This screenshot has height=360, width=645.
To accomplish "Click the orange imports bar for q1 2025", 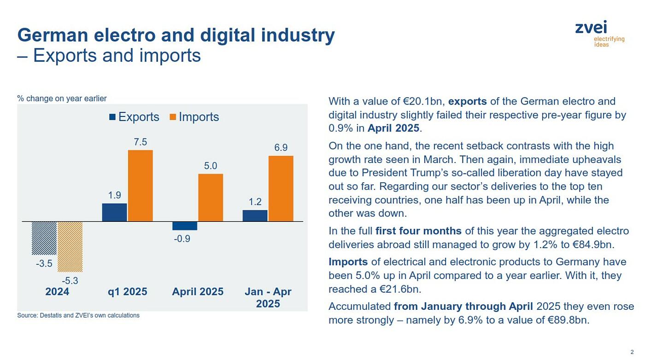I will click(x=140, y=186).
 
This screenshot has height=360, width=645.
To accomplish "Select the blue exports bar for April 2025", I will click(x=185, y=226).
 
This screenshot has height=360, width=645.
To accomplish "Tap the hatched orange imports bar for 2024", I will click(x=70, y=246).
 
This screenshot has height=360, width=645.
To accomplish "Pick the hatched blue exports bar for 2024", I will click(x=44, y=238).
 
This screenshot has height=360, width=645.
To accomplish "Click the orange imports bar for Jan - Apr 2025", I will click(x=281, y=188).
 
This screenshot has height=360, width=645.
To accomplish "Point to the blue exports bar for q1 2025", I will click(x=114, y=212).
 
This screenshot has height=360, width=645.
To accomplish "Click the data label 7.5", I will click(x=140, y=142).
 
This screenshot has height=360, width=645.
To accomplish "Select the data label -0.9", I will click(x=182, y=238).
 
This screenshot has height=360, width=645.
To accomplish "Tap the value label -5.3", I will click(x=70, y=280).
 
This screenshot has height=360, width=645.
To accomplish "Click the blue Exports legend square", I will click(x=112, y=117).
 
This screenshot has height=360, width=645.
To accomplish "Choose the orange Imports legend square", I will click(x=173, y=117).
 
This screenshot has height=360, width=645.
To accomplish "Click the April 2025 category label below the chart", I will click(x=198, y=292).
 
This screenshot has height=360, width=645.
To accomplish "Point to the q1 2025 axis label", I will click(x=127, y=292).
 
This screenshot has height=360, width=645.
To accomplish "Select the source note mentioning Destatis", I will click(x=78, y=315).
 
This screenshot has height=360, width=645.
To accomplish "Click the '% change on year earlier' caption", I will click(x=62, y=99).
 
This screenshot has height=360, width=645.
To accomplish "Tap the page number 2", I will click(x=632, y=352).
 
